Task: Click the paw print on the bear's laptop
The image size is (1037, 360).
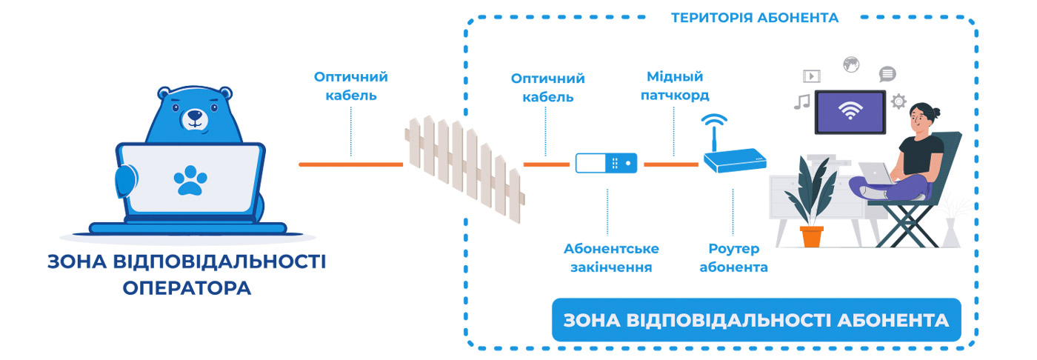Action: [190, 180]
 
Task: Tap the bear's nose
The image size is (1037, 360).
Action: [195, 116]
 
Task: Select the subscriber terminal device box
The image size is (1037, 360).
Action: [607, 163]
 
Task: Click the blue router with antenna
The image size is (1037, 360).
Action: [734, 158]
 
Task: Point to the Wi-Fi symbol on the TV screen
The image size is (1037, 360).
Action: [850, 112]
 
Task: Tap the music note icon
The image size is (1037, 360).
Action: [801, 101]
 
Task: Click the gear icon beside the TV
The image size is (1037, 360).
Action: [898, 101]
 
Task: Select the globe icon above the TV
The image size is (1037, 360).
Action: [850, 64]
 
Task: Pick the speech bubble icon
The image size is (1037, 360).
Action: [887, 74]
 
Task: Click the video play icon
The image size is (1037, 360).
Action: [812, 75]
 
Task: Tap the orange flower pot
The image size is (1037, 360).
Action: [812, 236]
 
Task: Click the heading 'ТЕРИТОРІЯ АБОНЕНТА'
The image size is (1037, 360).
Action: [755, 18]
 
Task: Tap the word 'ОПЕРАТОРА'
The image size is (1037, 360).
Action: [187, 287]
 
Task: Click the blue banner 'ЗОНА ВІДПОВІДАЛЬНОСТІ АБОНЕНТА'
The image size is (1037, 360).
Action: [756, 320]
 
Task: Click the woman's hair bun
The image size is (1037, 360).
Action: [936, 113]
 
